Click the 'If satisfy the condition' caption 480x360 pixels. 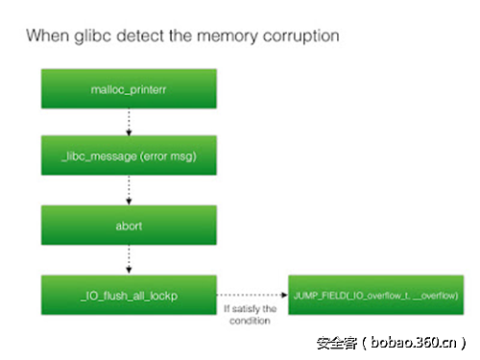click(251, 314)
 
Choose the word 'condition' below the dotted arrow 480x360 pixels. click(251, 321)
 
